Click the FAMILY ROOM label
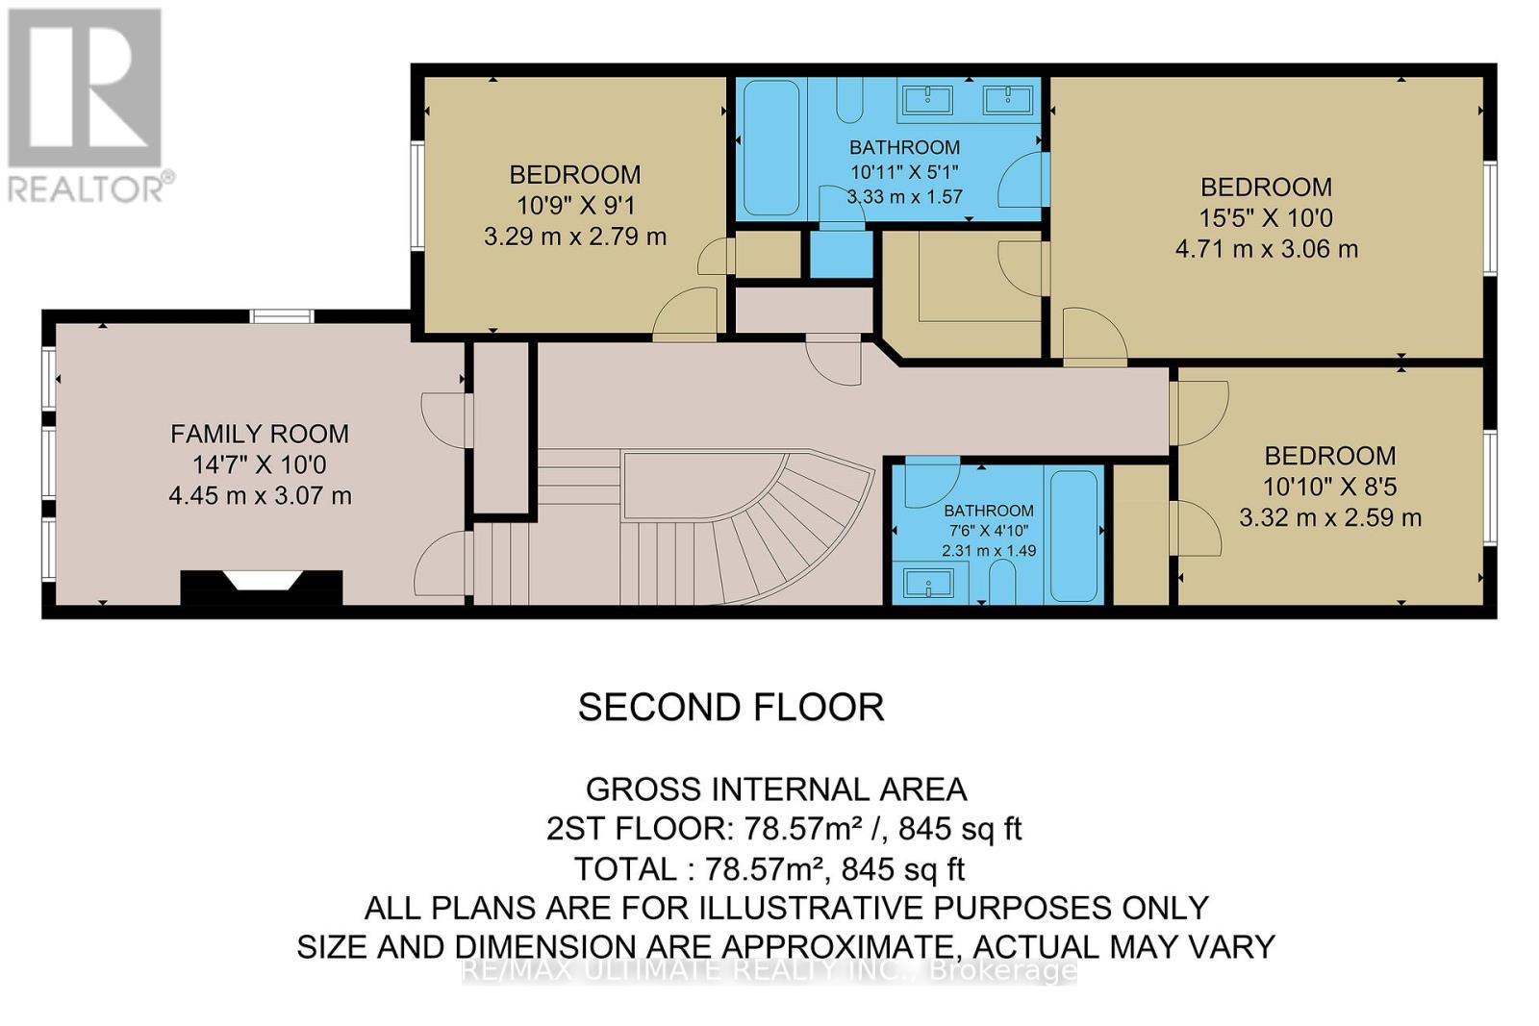pos(260,434)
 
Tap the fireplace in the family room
pos(261,588)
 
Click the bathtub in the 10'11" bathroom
pos(770,148)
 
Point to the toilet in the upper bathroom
pos(849,100)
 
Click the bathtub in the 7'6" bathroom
pos(1073,536)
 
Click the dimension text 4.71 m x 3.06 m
pos(1266,249)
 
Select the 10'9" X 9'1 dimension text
pos(575,206)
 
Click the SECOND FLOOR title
pos(731,708)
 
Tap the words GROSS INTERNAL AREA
pos(775,789)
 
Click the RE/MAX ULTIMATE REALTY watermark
pos(769,970)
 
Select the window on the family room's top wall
pos(282,316)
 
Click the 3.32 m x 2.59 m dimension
pos(1330,517)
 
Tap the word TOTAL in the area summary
pos(625,869)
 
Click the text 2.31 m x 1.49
pos(989,551)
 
